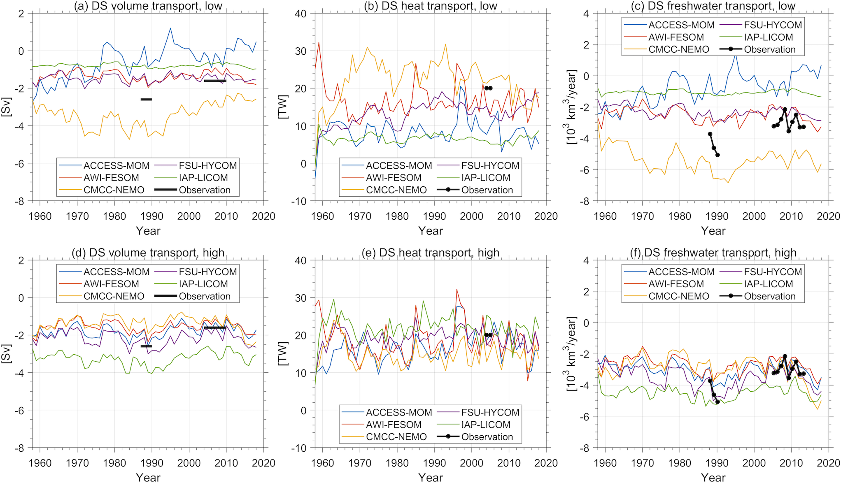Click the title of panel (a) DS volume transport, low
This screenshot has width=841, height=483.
148,6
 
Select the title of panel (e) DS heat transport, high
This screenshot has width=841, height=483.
431,252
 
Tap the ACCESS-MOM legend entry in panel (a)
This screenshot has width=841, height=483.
116,166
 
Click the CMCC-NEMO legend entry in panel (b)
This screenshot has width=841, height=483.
396,190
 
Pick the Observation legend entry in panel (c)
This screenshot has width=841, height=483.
769,50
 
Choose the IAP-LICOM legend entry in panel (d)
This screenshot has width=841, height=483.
203,284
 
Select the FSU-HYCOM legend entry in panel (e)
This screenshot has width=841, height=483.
490,413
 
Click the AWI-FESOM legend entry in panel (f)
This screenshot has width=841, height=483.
676,284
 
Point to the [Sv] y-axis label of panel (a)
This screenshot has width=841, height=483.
7,107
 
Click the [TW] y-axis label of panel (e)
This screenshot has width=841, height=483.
283,354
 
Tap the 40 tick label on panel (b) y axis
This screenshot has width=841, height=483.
301,14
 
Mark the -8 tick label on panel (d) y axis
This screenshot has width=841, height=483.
19,448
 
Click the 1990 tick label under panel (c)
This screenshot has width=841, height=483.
717,216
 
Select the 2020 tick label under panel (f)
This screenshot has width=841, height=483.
828,463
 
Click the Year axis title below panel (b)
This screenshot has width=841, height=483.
431,231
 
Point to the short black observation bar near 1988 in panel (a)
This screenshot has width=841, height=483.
146,99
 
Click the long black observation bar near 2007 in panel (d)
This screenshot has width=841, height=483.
215,327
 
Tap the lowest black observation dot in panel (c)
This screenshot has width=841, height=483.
718,155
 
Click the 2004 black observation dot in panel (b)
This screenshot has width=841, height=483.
487,88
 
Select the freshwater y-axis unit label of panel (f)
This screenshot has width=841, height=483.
572,354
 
